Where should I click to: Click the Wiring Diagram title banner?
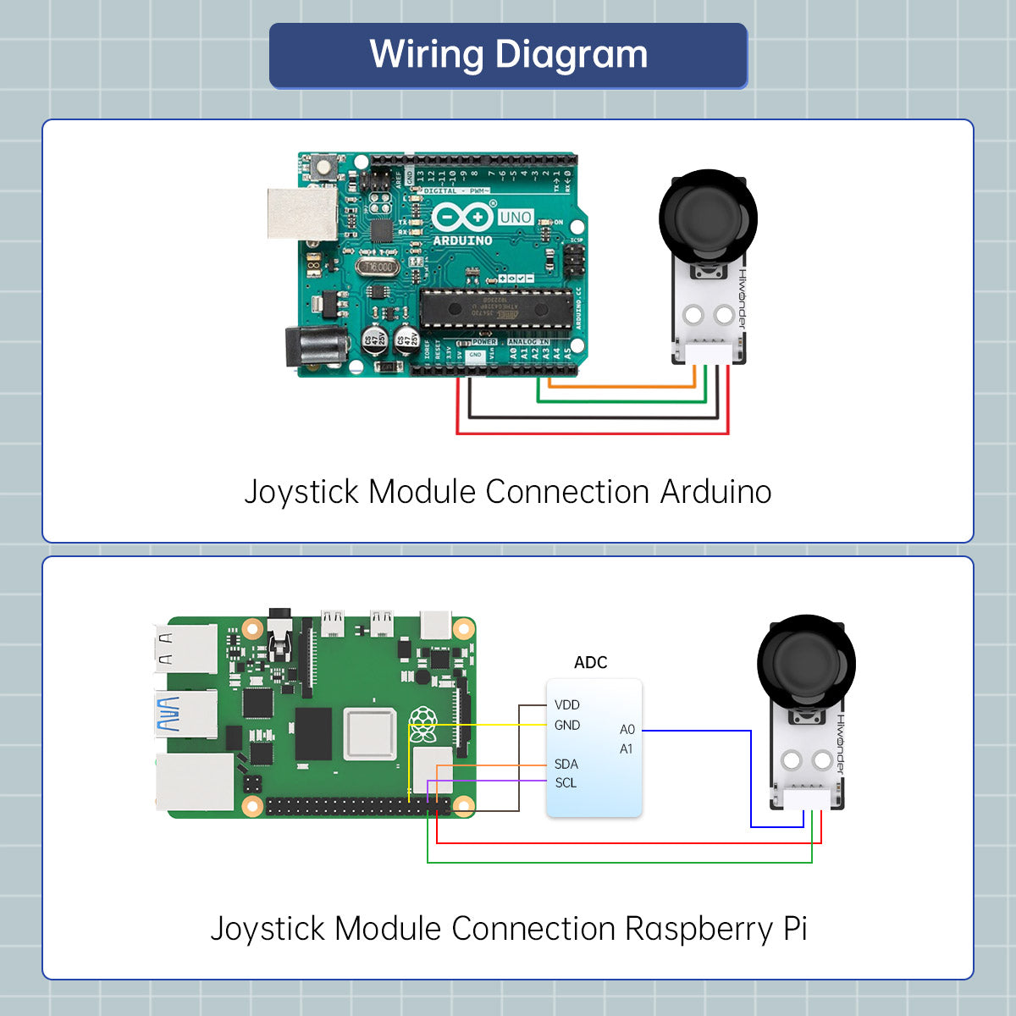click(508, 56)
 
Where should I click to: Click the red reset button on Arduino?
click(322, 167)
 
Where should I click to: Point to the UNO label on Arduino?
click(515, 218)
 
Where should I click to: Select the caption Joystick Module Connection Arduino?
click(508, 492)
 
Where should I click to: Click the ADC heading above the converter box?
click(590, 663)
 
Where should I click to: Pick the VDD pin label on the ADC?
click(566, 704)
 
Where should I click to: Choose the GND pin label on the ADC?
click(566, 726)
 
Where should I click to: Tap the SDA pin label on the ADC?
click(566, 764)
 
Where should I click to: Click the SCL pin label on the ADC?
click(566, 783)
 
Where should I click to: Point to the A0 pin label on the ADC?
click(627, 730)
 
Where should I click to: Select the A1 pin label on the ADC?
click(626, 749)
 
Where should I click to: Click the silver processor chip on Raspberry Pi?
click(370, 734)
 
